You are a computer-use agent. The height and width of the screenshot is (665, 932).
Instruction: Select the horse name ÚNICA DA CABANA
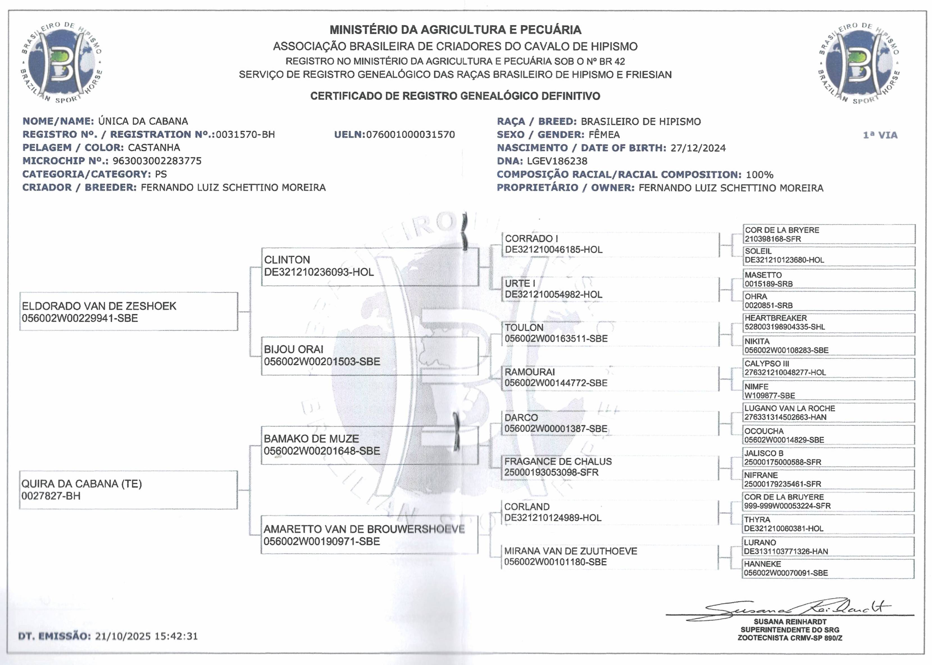[143, 121]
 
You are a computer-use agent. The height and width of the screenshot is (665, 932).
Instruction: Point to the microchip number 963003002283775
[157, 161]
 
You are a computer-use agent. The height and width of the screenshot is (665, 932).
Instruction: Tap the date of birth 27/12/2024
[698, 148]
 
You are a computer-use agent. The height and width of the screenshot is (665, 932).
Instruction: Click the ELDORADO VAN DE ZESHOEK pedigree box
[129, 312]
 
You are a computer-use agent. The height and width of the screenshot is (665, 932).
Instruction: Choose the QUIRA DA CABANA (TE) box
[128, 490]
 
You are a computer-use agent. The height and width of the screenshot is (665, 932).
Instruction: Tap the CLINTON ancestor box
[370, 266]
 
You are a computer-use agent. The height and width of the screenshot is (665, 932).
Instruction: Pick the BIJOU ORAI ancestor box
[370, 355]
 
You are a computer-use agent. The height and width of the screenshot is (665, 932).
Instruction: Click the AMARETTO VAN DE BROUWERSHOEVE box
[369, 535]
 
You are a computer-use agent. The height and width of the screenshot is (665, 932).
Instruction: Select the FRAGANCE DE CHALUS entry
[558, 461]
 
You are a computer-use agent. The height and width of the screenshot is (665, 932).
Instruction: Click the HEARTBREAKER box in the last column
[828, 323]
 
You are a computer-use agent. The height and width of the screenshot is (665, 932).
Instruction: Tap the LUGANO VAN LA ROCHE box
[828, 413]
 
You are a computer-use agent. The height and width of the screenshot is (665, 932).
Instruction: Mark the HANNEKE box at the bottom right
[828, 568]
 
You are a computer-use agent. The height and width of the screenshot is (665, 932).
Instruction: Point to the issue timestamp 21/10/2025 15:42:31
[146, 636]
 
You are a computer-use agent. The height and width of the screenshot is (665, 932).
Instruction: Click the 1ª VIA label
[880, 135]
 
